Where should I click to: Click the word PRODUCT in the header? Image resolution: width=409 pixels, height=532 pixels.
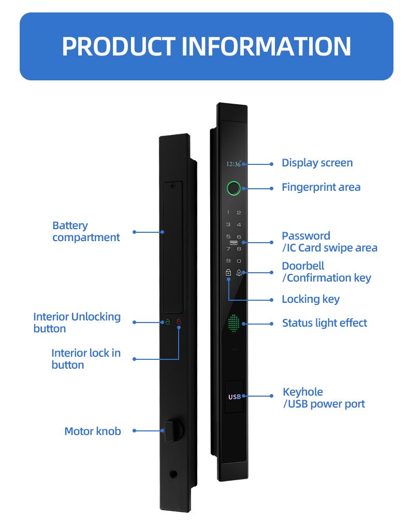pos(119,46)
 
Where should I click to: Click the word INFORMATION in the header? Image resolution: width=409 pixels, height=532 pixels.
pos(267,46)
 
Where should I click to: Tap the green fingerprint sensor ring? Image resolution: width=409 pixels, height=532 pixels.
pos(233,188)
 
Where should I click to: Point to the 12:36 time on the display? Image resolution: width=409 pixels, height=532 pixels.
pos(233,164)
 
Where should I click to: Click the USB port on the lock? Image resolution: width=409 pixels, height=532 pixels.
pos(235,397)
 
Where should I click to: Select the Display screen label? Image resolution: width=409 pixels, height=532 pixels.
pos(317,163)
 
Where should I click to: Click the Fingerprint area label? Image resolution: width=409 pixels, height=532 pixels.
pos(321,187)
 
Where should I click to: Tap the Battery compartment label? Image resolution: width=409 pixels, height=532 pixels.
pos(86,231)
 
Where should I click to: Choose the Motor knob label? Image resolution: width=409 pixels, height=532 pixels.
pos(93,431)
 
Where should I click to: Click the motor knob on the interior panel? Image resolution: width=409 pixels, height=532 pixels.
pos(169,430)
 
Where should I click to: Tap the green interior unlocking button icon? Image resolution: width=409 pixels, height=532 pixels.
pos(168,323)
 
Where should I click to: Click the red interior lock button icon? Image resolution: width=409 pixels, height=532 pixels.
pos(179,323)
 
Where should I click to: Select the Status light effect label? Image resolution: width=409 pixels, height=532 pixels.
pos(324,323)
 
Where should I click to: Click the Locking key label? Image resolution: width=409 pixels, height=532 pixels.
pos(311,299)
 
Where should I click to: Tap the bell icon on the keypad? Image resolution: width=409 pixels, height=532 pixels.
pos(239,273)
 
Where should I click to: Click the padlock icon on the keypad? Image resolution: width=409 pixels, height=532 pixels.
pos(228,273)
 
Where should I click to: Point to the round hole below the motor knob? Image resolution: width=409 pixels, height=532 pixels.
pos(173,474)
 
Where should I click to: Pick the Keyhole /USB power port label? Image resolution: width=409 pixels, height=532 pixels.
pos(324,398)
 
